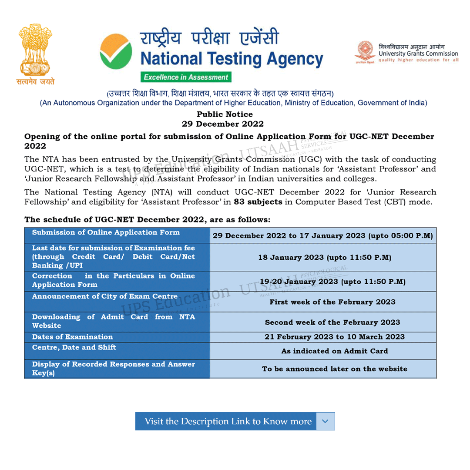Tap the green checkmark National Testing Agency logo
(x=116, y=53)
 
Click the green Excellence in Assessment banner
(x=186, y=77)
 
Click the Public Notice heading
(x=225, y=114)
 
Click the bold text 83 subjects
(x=258, y=202)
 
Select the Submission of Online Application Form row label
(x=106, y=232)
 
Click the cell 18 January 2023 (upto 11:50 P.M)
(x=324, y=257)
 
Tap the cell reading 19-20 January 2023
(x=332, y=282)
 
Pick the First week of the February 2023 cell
(x=332, y=302)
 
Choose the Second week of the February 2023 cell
(x=332, y=322)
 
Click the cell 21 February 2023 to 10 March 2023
(x=334, y=337)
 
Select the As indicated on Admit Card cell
(x=334, y=351)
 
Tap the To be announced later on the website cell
(x=334, y=369)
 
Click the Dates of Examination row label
(x=72, y=337)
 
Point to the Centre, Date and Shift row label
(x=74, y=347)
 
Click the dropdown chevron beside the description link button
(x=326, y=421)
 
